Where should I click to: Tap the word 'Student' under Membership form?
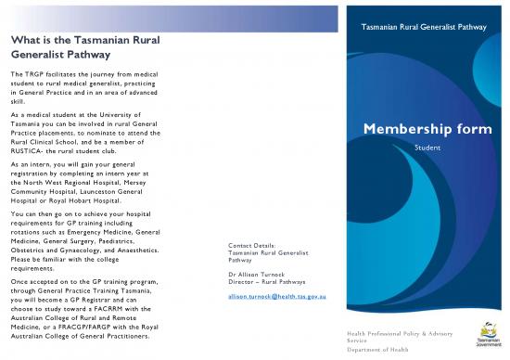tap(427, 148)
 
